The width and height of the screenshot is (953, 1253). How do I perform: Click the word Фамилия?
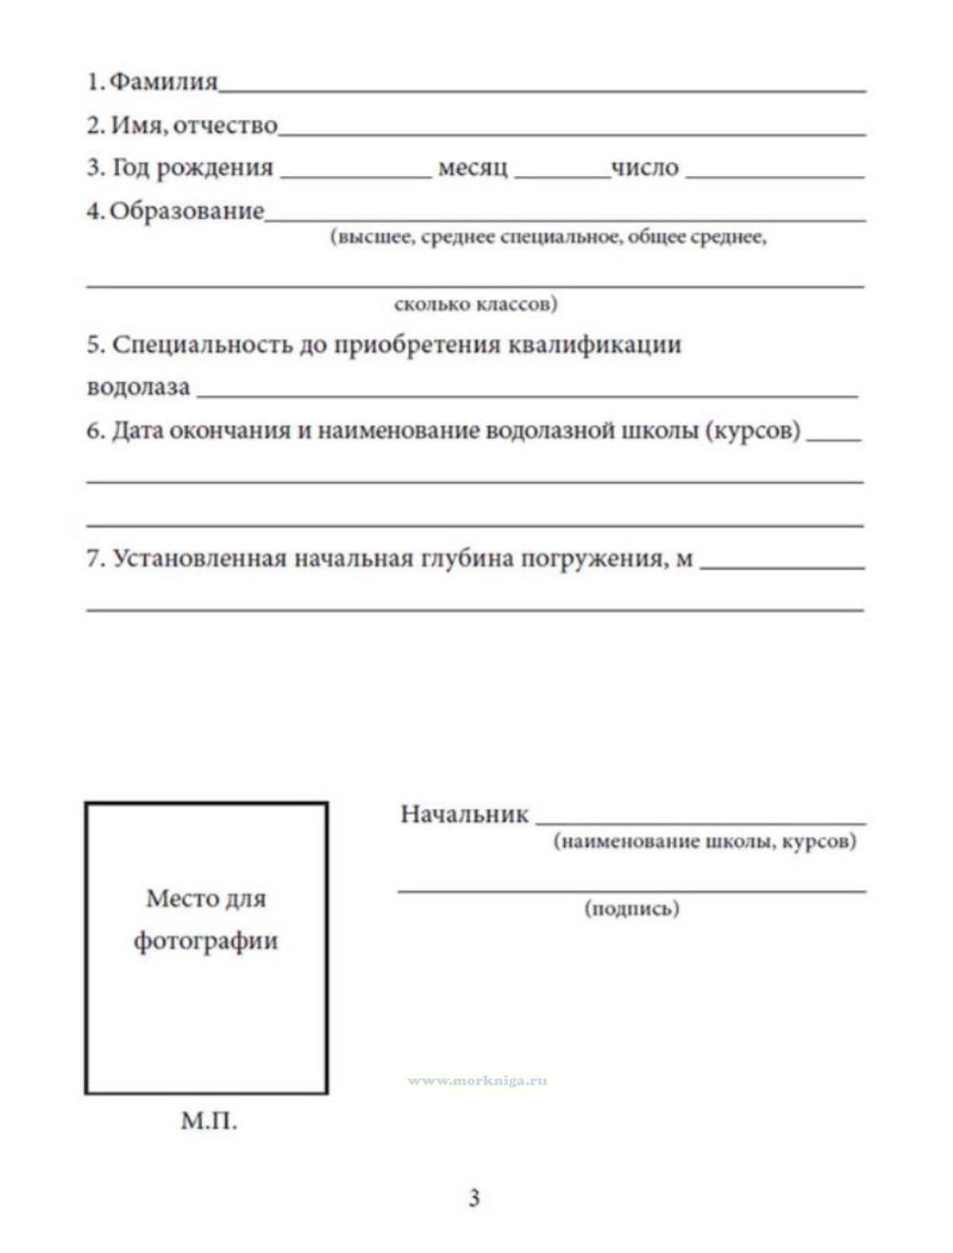163,82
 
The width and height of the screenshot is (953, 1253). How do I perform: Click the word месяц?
473,168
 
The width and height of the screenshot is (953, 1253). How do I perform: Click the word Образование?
187,211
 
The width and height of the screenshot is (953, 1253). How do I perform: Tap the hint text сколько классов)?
476,304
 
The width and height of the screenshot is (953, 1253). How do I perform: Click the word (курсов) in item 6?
752,431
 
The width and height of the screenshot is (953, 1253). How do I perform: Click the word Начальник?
464,814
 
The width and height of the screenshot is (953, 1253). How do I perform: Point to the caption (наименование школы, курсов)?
704,841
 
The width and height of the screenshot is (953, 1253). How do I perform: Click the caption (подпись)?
631,908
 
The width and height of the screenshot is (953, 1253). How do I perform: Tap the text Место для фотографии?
206,919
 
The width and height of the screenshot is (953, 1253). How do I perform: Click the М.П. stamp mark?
209,1121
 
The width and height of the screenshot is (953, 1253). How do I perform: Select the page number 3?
474,1198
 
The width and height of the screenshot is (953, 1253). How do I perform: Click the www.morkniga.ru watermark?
477,1081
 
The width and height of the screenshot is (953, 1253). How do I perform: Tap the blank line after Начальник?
700,821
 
